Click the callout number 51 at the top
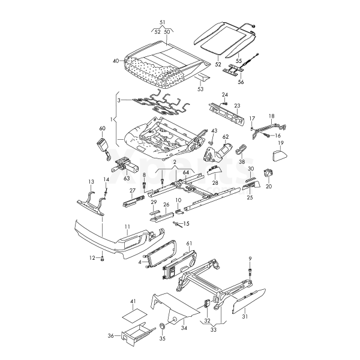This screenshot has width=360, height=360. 163,23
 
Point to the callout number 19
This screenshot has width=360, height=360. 281,143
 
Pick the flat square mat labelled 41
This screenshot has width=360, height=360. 135,314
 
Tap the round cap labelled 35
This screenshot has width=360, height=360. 163,326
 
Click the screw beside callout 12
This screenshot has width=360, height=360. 103,259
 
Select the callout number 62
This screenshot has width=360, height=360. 226,137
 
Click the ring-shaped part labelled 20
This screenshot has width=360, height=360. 268,173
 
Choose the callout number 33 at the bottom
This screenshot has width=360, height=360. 214,329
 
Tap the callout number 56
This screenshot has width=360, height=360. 241,82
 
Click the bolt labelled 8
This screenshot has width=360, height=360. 144,184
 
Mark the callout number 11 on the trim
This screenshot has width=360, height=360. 127,227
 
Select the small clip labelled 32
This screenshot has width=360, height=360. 207,303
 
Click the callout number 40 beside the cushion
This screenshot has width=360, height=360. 116,61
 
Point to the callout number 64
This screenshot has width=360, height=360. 185,172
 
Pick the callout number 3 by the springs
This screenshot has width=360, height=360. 119,100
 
